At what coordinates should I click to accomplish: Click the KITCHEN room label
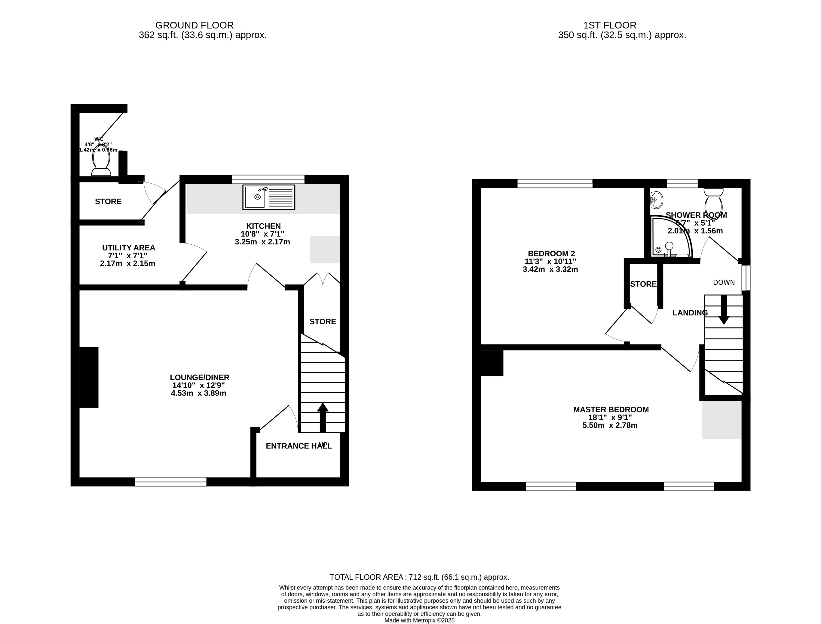(x=263, y=226)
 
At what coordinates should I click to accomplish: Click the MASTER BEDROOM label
(x=611, y=409)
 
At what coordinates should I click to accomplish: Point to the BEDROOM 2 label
(x=551, y=253)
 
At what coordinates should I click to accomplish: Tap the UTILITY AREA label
(x=128, y=247)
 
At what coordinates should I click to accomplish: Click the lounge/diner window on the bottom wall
(x=170, y=482)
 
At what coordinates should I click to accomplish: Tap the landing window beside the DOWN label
(x=746, y=278)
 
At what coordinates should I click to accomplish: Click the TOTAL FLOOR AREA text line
(x=419, y=577)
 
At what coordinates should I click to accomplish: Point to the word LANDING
(x=690, y=313)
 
